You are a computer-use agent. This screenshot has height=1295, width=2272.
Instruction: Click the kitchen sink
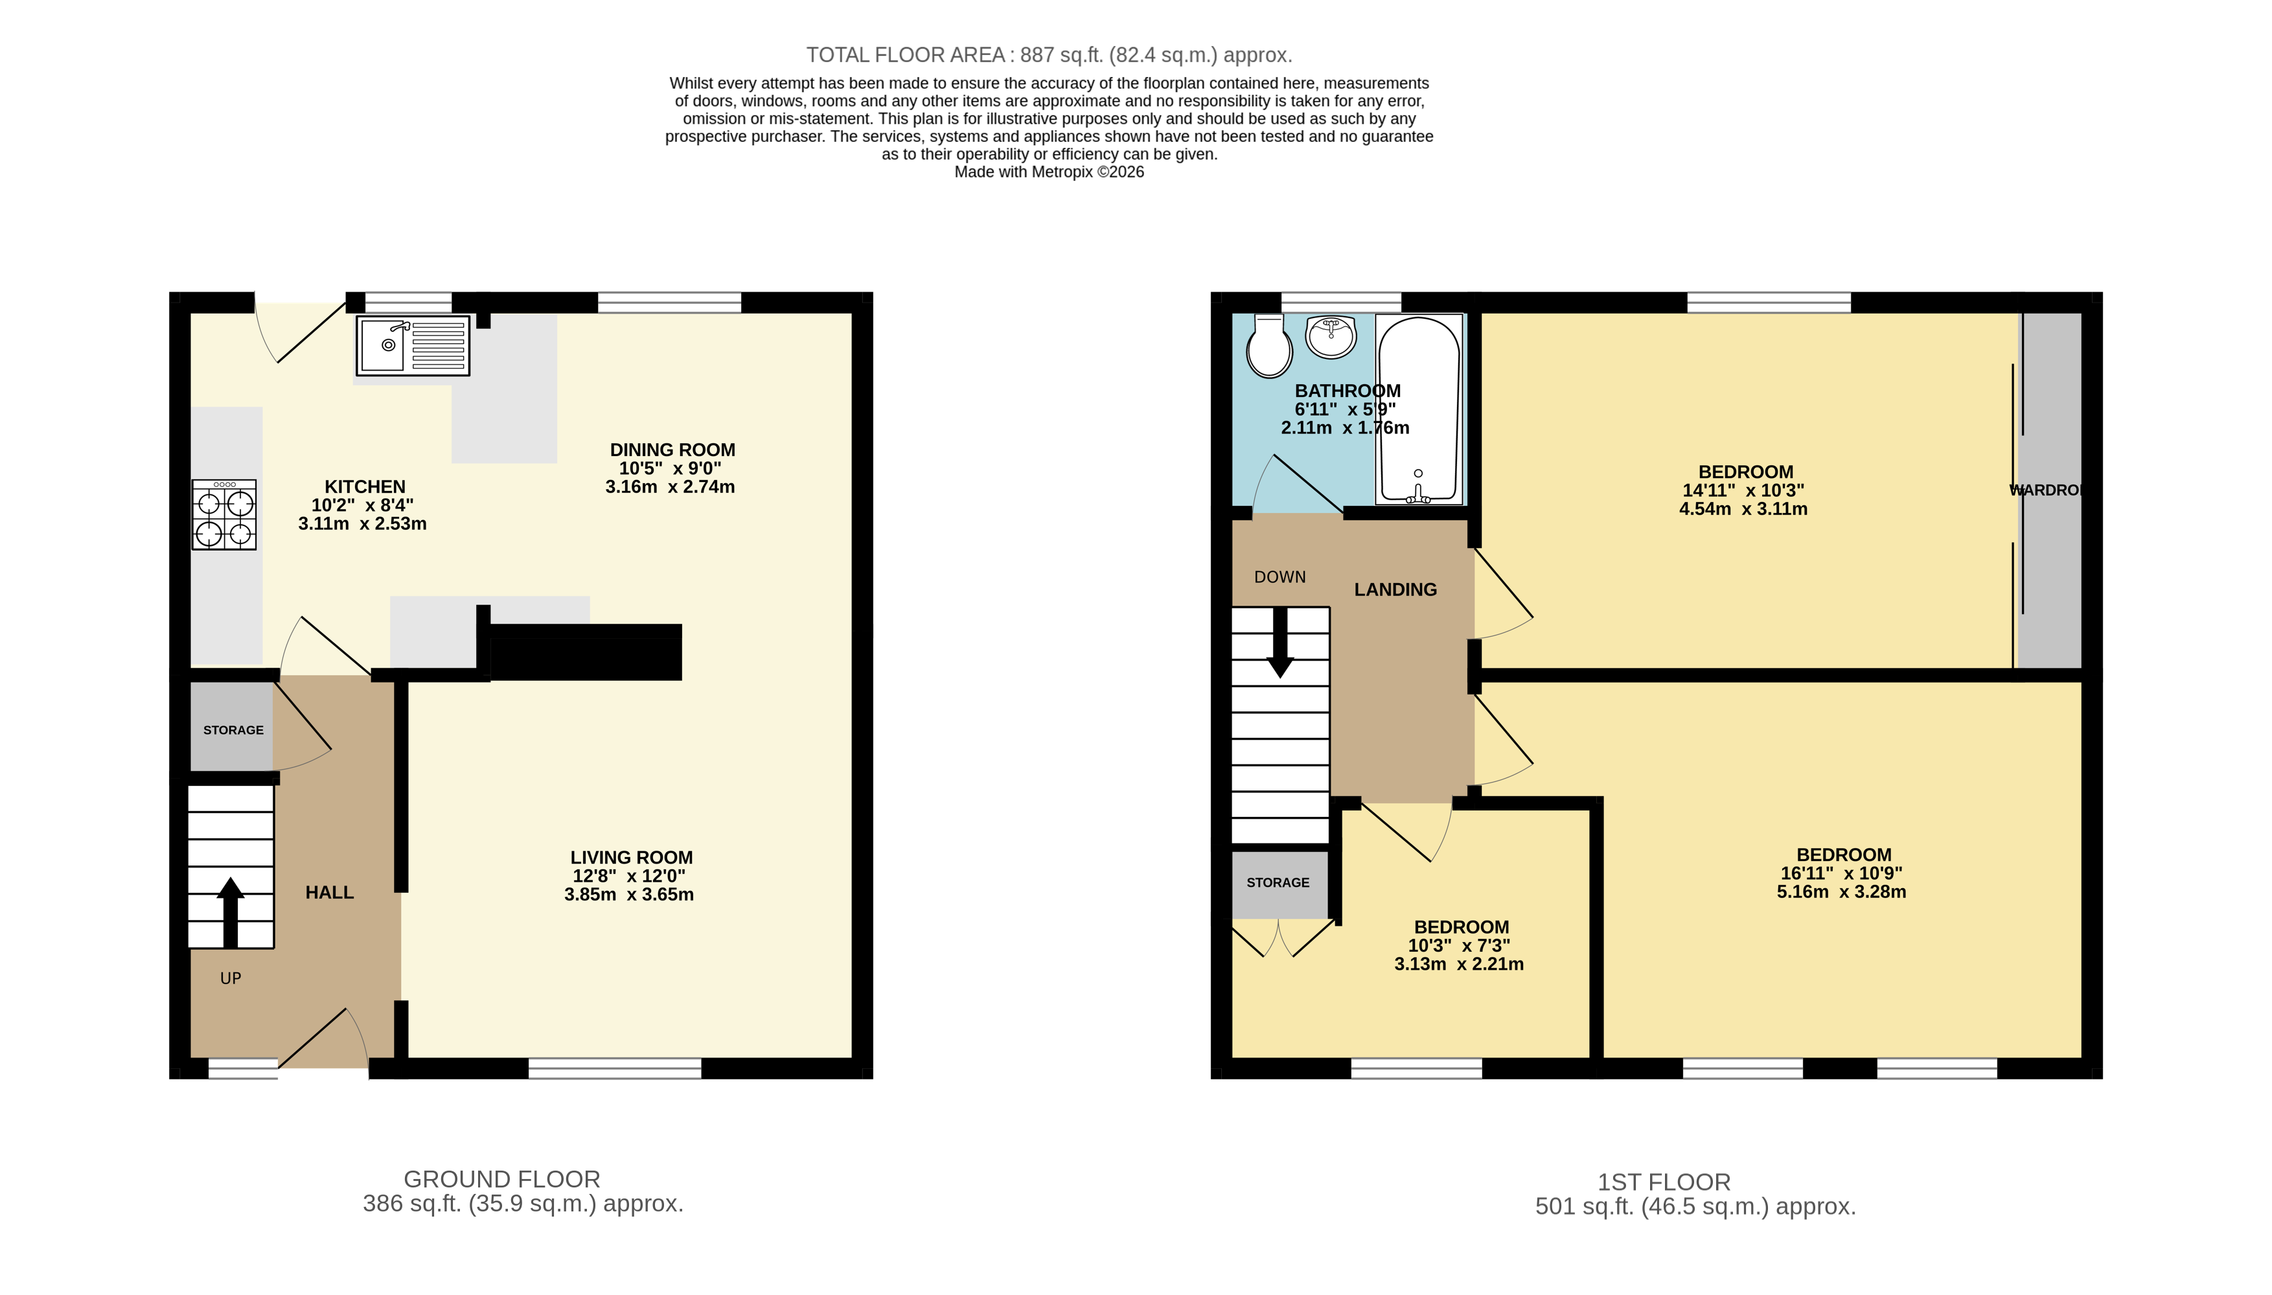413,346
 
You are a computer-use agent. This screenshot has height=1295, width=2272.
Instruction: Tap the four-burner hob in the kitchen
224,515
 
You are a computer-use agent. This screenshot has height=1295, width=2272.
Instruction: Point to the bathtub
1418,409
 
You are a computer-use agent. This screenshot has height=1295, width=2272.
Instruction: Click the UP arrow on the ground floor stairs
231,911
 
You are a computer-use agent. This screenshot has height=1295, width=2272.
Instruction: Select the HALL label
329,892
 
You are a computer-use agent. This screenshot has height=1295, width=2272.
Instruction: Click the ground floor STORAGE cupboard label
233,730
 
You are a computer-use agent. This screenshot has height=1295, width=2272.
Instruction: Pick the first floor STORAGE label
1278,882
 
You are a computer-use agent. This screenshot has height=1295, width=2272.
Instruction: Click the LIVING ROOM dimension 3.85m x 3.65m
628,895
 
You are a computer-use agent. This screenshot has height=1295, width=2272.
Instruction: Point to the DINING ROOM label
672,450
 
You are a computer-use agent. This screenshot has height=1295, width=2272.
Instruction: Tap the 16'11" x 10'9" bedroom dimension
1842,873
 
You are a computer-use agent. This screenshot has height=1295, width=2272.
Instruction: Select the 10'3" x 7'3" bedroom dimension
1459,945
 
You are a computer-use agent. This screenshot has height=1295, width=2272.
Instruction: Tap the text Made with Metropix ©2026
1048,172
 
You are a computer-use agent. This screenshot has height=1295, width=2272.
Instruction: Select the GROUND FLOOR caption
501,1180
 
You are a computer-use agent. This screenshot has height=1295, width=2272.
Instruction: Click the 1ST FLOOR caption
1664,1182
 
